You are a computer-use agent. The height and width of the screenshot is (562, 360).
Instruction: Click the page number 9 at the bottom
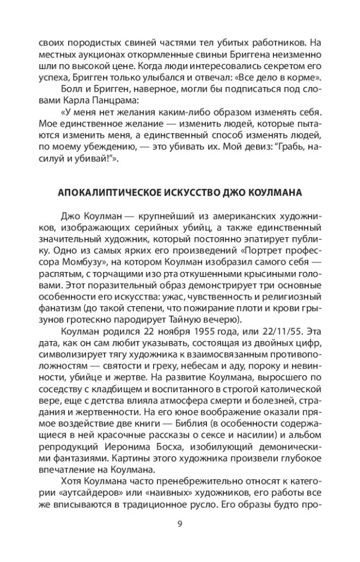(179, 524)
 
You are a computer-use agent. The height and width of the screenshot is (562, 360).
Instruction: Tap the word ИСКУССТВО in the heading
(193, 192)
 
